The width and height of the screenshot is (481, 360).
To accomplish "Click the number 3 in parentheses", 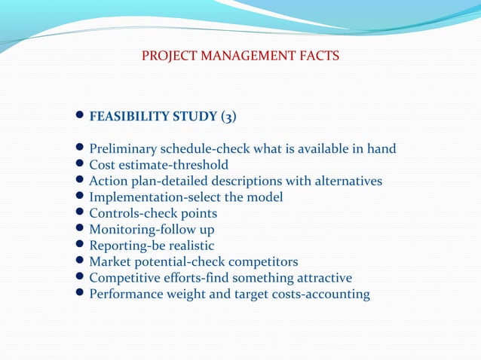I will [x=229, y=117].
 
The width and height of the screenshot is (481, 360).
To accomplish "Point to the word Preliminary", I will [x=123, y=148].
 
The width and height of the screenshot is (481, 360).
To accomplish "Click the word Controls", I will [x=114, y=213].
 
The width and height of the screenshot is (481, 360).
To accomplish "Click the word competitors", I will [x=260, y=262].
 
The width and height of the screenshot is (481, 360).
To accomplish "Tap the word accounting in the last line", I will [x=335, y=294].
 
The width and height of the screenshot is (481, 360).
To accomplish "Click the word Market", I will [x=110, y=262].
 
